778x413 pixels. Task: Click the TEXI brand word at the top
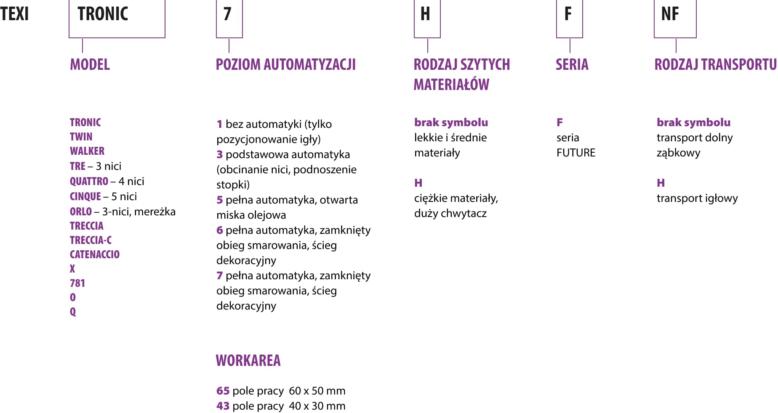pyautogui.click(x=15, y=14)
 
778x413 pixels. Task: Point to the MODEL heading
pyautogui.click(x=90, y=65)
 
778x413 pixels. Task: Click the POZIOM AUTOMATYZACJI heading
pyautogui.click(x=285, y=65)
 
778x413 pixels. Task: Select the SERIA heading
pyautogui.click(x=572, y=65)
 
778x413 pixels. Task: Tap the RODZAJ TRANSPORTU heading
pyautogui.click(x=715, y=65)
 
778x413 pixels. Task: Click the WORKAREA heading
pyautogui.click(x=248, y=361)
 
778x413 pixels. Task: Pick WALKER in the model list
pyautogui.click(x=87, y=151)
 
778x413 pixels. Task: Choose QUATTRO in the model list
pyautogui.click(x=89, y=181)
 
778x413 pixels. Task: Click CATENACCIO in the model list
pyautogui.click(x=95, y=254)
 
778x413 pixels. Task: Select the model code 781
pyautogui.click(x=77, y=283)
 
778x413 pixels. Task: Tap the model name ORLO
pyautogui.click(x=80, y=212)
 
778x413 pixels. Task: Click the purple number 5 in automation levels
pyautogui.click(x=219, y=200)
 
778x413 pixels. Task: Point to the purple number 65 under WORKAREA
pyautogui.click(x=223, y=391)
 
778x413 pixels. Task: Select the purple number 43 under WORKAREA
pyautogui.click(x=223, y=406)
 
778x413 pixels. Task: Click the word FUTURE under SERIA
pyautogui.click(x=576, y=153)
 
